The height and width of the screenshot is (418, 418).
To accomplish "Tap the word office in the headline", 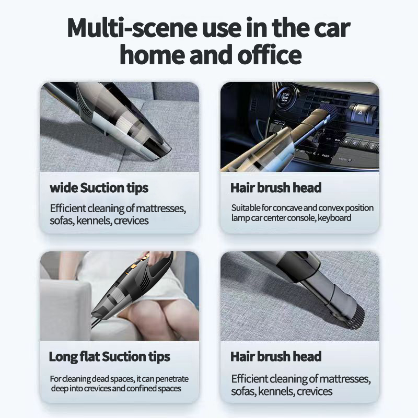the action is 270,55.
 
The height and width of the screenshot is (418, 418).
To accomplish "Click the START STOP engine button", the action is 285,97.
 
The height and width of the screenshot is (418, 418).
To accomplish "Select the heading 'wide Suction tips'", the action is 99,188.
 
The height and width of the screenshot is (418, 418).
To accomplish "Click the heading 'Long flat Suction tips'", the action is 109,357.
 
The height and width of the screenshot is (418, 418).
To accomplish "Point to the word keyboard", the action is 334,218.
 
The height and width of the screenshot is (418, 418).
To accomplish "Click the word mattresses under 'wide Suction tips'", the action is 161,208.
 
